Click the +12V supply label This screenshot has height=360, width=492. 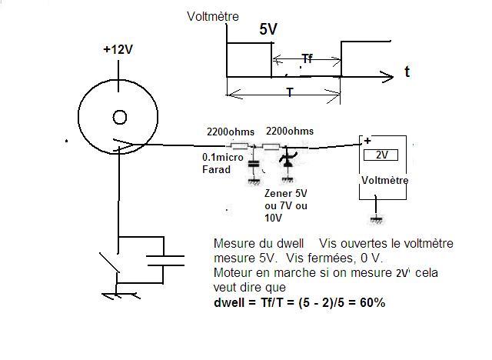pos(118,50)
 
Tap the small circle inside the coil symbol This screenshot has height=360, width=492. pos(120,117)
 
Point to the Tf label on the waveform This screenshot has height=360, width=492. pos(307,58)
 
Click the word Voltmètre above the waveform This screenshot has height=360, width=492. pos(213,15)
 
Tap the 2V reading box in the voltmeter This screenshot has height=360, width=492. pos(382,155)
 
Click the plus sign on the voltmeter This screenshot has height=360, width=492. pos(367,141)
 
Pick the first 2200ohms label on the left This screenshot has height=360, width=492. pos(228,132)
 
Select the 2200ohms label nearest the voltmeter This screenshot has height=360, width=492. pos(290,132)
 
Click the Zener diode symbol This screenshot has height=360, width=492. pos(288,162)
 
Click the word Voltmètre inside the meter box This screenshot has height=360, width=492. pos(385,180)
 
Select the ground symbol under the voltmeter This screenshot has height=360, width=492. pos(376,219)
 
